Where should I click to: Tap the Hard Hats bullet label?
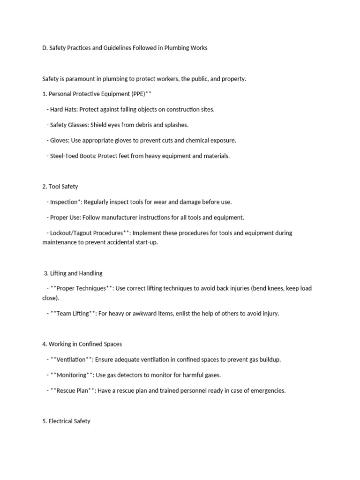(64, 109)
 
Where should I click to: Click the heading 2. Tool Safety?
(60, 187)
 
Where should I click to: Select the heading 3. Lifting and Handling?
(73, 273)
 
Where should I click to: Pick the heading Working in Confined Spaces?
(85, 344)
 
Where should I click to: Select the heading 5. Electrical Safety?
(66, 421)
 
